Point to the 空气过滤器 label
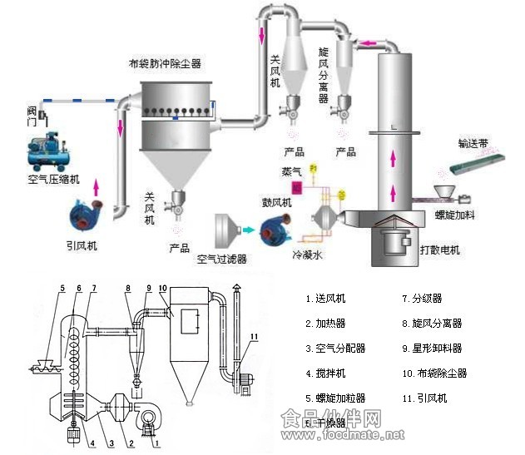coord(222,259)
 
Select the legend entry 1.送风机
coord(326,299)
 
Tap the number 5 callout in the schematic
coord(61,289)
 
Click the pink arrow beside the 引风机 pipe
coord(97,185)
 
